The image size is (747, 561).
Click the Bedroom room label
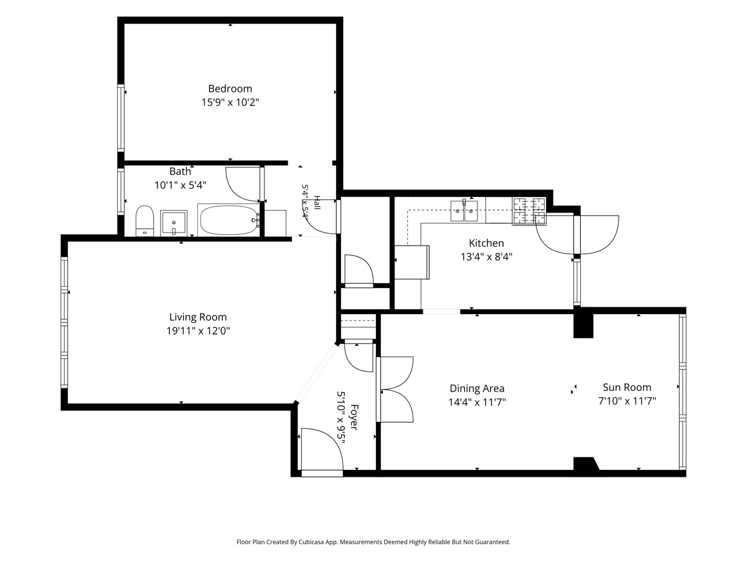click(x=230, y=89)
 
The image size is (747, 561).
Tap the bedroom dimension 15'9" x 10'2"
click(x=230, y=102)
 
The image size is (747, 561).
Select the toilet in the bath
click(x=144, y=221)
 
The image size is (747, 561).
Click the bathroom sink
click(x=174, y=223)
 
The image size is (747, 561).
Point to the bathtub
click(x=228, y=220)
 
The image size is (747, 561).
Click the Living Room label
click(x=198, y=317)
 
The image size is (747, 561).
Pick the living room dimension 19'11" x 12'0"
click(x=198, y=331)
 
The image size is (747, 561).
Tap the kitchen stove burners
click(x=529, y=211)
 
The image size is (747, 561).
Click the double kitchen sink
click(x=464, y=211)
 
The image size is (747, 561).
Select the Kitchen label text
click(x=486, y=243)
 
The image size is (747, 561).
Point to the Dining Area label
click(x=477, y=388)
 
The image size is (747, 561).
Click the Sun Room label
click(x=627, y=387)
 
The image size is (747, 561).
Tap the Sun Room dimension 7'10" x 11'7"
click(x=627, y=401)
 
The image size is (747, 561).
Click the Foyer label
click(x=354, y=417)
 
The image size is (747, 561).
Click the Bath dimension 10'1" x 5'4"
click(x=181, y=185)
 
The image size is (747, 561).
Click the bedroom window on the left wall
click(x=121, y=118)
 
